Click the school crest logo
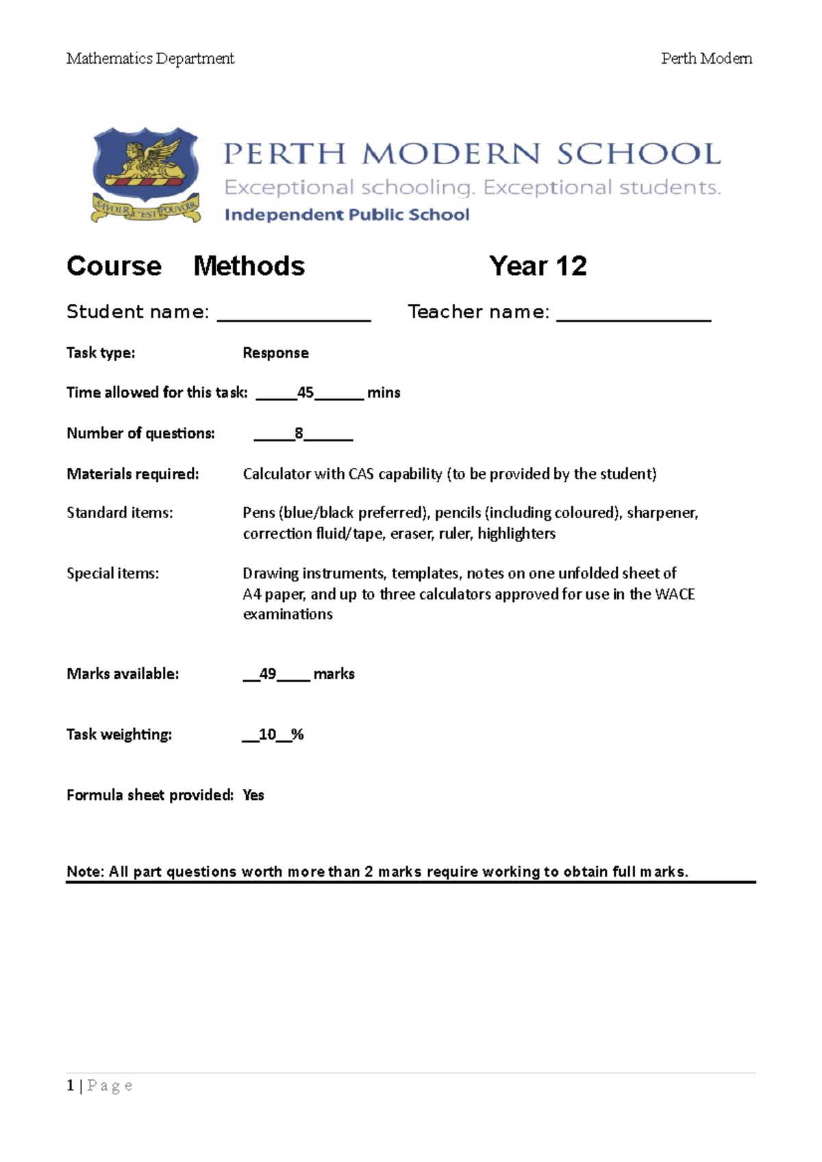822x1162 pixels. pos(146,175)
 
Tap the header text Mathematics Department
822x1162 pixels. pos(150,59)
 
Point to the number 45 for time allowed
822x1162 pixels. pos(305,393)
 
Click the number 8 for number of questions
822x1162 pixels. pos(299,433)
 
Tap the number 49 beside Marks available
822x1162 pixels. pos(268,674)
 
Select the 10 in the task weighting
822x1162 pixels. pos(267,735)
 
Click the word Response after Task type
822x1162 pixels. pos(275,353)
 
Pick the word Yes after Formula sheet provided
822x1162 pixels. pos(253,795)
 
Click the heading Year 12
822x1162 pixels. pos(538,266)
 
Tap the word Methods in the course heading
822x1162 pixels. pos(249,266)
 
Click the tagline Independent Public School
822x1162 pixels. pos(347,215)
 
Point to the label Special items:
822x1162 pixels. pos(112,573)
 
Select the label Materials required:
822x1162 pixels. pos(132,474)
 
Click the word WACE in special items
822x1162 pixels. pos(675,594)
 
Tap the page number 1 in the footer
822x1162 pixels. pos(70,1086)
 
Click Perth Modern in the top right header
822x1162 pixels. pos(706,59)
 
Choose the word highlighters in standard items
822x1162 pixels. pos(516,534)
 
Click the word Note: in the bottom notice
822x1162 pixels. pos(85,872)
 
